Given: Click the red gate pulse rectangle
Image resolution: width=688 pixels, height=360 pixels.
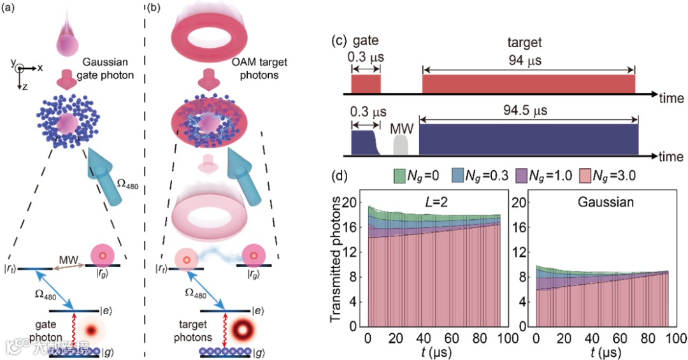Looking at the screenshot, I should click(366, 83).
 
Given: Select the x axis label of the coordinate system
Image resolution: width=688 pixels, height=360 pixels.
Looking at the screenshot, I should click(39, 67).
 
